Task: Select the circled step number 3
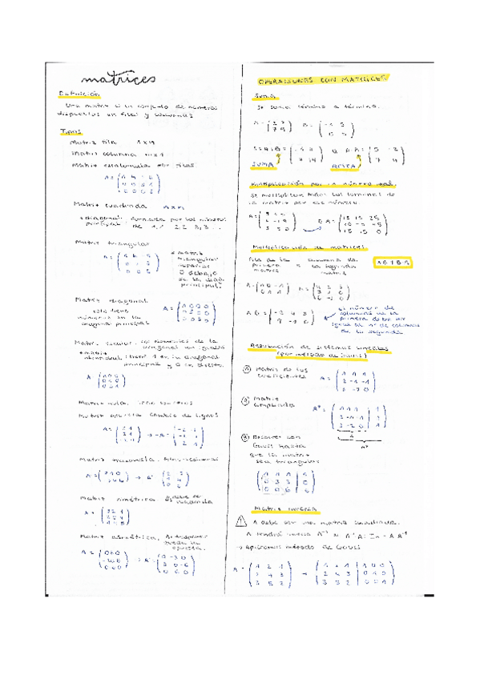coord(247,437)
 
